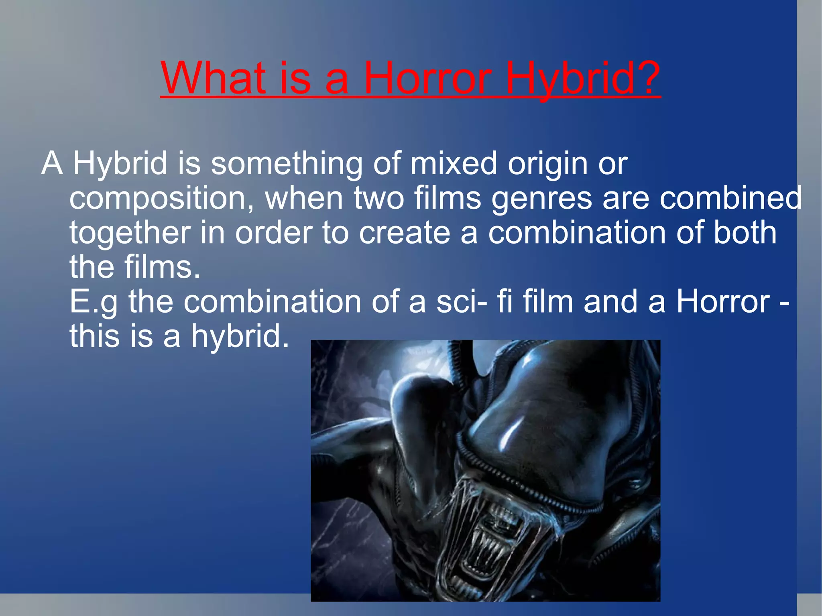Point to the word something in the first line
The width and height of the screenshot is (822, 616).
point(287,163)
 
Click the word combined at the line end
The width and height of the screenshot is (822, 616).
point(730,198)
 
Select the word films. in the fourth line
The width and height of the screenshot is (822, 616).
point(162,267)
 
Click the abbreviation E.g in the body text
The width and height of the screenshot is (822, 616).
point(94,302)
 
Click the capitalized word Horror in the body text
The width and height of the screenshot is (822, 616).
point(723,301)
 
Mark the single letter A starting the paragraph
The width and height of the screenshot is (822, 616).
point(52,163)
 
